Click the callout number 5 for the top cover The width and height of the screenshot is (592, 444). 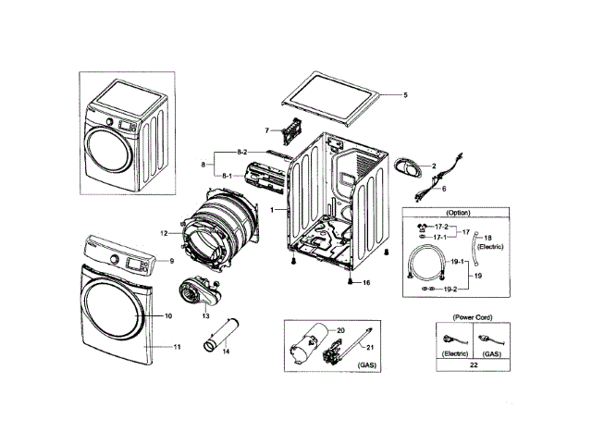[x=404, y=95]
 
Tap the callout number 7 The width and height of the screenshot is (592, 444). [x=266, y=130]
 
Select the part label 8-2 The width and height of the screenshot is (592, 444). [x=241, y=151]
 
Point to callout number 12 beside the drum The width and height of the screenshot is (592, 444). [x=163, y=234]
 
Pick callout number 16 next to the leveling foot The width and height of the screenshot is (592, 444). [x=366, y=282]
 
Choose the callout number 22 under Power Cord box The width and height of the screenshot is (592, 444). [x=474, y=367]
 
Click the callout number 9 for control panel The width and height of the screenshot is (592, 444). [x=170, y=261]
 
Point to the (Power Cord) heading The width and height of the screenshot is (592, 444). [x=473, y=318]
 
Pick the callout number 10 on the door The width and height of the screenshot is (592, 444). [x=168, y=316]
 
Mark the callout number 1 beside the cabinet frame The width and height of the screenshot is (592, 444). [x=272, y=211]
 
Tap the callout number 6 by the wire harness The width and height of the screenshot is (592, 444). [x=443, y=188]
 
